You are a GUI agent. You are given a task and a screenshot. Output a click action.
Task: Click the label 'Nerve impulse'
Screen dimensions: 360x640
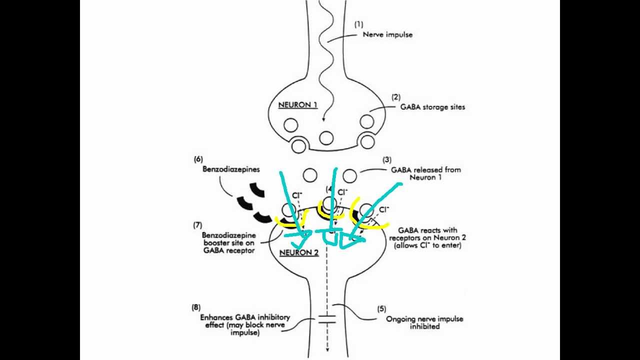point(387,34)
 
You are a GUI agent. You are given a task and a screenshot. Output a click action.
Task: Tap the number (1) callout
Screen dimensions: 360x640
point(358,23)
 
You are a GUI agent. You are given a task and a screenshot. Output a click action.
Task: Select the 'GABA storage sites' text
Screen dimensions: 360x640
point(432,106)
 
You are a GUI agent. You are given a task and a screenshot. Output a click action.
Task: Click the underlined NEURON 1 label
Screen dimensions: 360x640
point(297,105)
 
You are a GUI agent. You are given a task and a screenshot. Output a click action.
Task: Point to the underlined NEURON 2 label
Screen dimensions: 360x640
point(298,252)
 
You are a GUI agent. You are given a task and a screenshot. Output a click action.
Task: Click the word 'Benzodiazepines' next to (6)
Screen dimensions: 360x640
point(231,169)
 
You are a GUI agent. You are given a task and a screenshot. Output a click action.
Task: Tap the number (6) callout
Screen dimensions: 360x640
point(198,159)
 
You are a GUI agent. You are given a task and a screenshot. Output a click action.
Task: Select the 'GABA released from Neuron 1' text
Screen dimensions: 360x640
point(425,173)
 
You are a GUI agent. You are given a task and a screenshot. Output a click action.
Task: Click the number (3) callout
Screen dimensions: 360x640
point(386,160)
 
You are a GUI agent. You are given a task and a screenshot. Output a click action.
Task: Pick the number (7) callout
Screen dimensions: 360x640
point(198,224)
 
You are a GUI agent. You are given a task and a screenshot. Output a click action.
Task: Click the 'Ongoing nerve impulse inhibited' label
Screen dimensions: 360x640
point(424,322)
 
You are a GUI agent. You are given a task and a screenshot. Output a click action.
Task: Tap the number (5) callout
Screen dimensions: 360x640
point(381,309)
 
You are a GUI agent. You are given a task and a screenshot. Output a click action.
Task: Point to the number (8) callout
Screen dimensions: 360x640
point(196,307)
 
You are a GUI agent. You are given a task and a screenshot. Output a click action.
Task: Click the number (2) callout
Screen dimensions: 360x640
point(396,97)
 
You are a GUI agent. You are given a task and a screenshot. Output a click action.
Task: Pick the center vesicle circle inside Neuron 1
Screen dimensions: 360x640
point(326,137)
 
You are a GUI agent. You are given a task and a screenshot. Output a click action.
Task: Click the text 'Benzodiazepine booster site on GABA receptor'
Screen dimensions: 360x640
point(228,242)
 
